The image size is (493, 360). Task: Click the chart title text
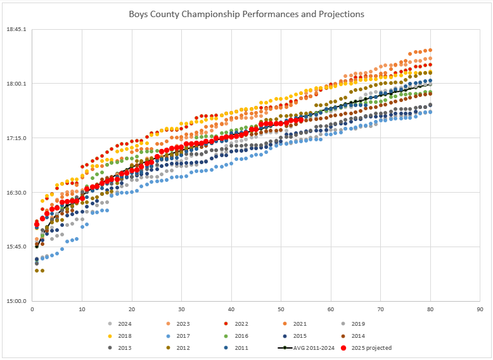246,14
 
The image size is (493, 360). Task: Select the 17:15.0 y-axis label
16,138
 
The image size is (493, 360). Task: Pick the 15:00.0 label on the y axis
16,301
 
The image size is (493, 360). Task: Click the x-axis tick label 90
480,309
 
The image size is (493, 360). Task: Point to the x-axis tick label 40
231,309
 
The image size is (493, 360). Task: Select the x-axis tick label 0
32,309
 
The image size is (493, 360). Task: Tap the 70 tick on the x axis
381,309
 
